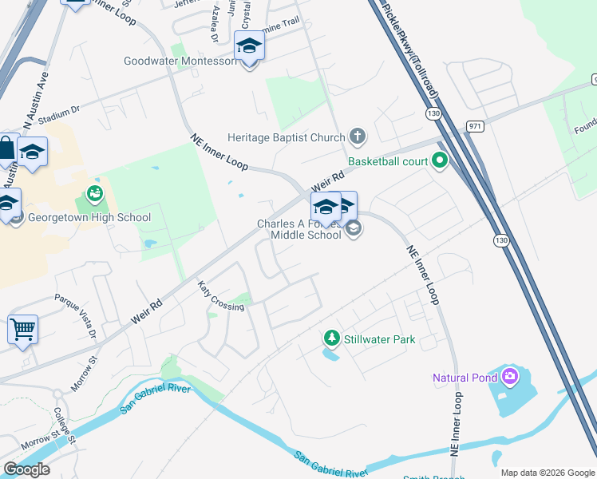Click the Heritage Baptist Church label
coord(286,137)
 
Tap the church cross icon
coord(357,137)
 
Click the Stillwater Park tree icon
coord(331,339)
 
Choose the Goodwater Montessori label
coord(180,61)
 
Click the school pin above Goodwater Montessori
coord(249,49)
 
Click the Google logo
coord(26,469)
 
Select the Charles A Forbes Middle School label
coord(298,229)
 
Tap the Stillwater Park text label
coord(380,339)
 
